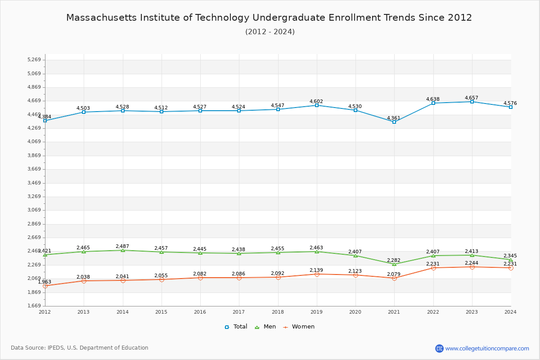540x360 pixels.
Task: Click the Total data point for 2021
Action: click(x=394, y=122)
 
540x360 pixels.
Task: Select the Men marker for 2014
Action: click(x=123, y=250)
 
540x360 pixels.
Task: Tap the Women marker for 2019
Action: click(x=317, y=274)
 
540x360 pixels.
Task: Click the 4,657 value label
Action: click(x=472, y=98)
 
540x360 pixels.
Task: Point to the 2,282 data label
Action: click(x=394, y=260)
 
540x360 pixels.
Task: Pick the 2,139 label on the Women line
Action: click(x=316, y=270)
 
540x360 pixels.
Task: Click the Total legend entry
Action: click(x=236, y=327)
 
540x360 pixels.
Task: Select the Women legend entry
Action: click(x=299, y=327)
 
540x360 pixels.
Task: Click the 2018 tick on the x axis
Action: click(x=278, y=312)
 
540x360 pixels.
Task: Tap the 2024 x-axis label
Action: click(x=510, y=312)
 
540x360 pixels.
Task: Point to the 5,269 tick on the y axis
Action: click(x=34, y=60)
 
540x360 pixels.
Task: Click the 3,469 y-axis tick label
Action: click(x=34, y=183)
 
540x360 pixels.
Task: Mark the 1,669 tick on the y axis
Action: click(x=34, y=306)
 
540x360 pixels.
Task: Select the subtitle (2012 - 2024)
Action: click(x=270, y=31)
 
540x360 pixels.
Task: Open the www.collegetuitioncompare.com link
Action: click(x=487, y=348)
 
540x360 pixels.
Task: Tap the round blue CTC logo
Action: click(x=439, y=348)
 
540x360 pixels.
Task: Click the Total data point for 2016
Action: click(x=200, y=111)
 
